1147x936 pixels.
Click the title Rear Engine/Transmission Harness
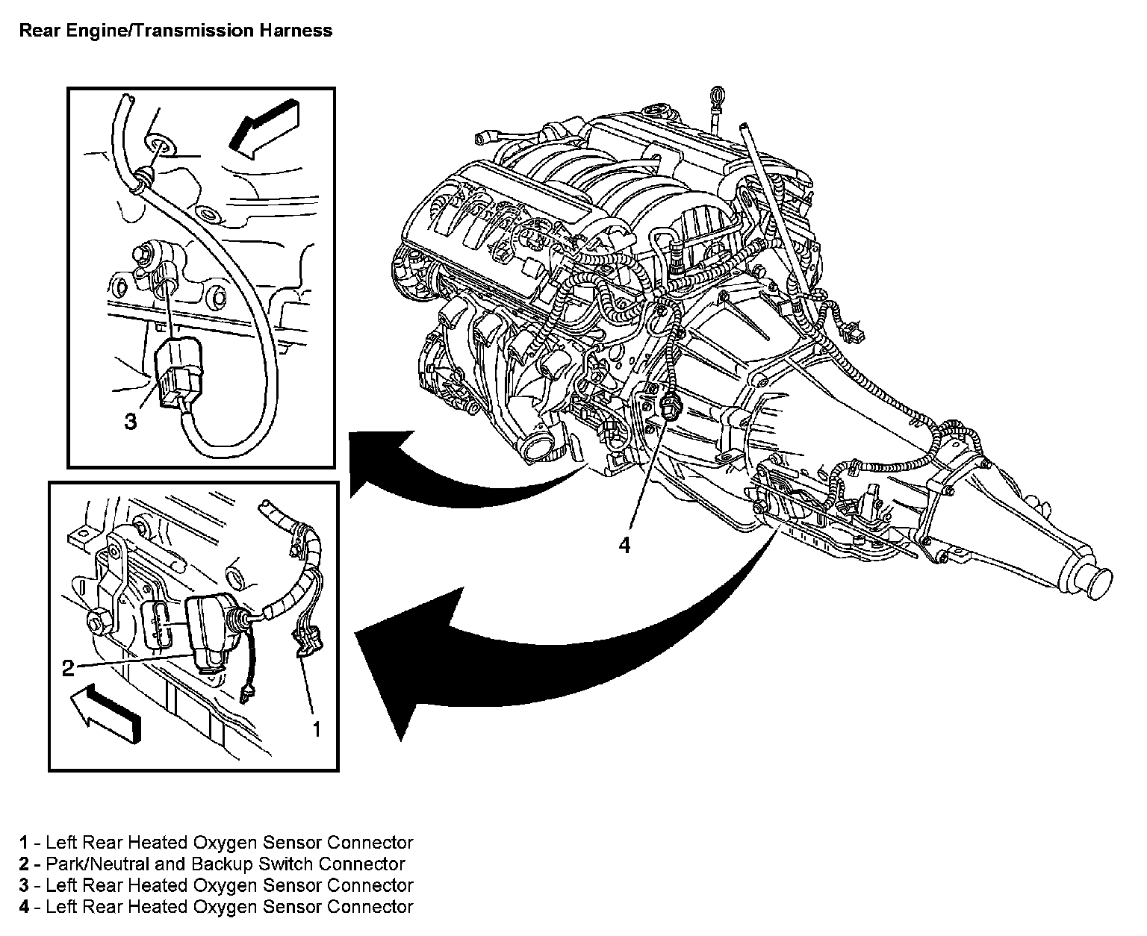click(x=175, y=31)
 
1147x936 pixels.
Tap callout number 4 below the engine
click(x=624, y=545)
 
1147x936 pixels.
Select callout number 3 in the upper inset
click(x=131, y=421)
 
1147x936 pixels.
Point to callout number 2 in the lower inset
click(x=68, y=668)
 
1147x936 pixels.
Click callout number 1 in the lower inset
click(x=317, y=729)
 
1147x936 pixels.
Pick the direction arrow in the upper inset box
click(x=264, y=129)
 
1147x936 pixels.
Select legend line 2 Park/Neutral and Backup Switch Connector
click(x=212, y=864)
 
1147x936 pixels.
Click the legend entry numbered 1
click(x=216, y=842)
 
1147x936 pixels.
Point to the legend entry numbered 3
click(x=216, y=885)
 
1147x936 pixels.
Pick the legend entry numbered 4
click(x=216, y=907)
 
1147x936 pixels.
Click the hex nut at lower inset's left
click(x=99, y=620)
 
